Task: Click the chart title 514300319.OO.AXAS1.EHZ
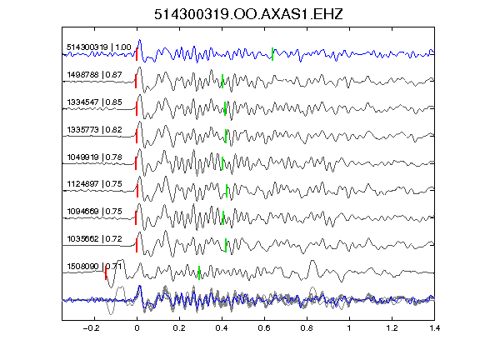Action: point(248,14)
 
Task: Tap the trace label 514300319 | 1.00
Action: point(99,47)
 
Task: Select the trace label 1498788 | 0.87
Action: point(95,75)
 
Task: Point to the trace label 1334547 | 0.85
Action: point(95,102)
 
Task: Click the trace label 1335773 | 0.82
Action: point(95,129)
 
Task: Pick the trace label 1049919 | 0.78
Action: point(95,157)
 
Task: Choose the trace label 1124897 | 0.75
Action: point(95,183)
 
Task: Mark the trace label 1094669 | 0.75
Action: point(95,211)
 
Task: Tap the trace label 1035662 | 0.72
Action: point(95,239)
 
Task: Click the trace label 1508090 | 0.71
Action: point(95,267)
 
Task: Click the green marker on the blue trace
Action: point(272,54)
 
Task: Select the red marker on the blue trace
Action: point(137,54)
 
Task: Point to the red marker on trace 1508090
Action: point(106,272)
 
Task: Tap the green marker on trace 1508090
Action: point(199,272)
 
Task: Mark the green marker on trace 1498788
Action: point(222,81)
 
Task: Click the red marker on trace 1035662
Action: point(137,245)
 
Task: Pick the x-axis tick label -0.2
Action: point(92,328)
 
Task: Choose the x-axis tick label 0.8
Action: point(307,328)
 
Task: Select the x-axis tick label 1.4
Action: point(435,328)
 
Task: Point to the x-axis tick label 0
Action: point(137,328)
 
